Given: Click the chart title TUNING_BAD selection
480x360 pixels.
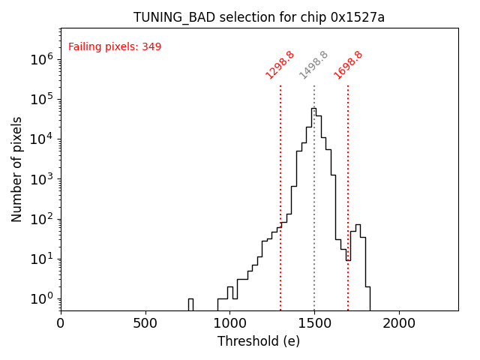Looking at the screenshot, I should click(x=259, y=17).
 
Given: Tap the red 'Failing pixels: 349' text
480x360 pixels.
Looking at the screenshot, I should click(x=115, y=47).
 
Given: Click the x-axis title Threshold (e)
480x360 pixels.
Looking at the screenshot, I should click(x=259, y=341).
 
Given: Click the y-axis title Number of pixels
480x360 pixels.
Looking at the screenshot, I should click(x=17, y=169).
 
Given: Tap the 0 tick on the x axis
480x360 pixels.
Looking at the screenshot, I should click(x=61, y=323).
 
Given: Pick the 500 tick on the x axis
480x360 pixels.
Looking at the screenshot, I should click(x=145, y=323).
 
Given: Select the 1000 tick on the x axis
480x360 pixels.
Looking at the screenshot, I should click(x=229, y=323).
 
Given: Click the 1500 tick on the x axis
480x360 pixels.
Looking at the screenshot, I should click(x=314, y=323).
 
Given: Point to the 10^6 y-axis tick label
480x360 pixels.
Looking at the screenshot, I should click(x=40, y=58).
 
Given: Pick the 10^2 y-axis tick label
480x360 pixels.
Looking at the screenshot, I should click(x=40, y=219).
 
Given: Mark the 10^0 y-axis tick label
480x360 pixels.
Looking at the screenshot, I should click(x=40, y=298).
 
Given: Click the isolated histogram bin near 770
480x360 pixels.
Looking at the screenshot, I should click(x=190, y=304).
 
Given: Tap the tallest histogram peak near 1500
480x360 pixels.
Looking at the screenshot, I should click(x=313, y=109).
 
